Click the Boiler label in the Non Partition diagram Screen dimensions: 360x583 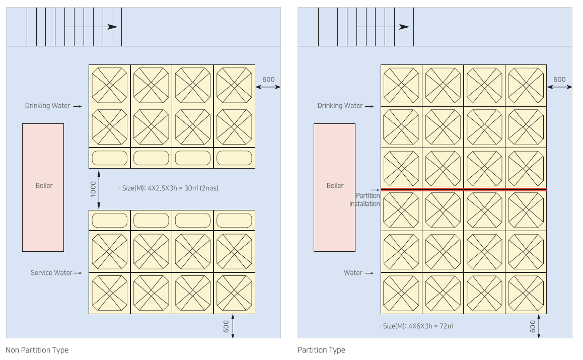coord(44,186)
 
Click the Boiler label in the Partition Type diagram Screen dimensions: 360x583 coord(335,186)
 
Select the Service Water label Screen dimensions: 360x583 coord(51,273)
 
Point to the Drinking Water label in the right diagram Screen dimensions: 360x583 coord(340,106)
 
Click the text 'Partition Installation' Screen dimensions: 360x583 coord(365,199)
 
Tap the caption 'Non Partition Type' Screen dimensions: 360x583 coord(37,350)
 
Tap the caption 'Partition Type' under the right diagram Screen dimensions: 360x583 coord(321,350)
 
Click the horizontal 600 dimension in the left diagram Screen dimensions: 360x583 coord(268,80)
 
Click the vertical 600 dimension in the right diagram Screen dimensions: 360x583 coord(533,326)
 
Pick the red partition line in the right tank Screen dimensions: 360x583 coord(463,189)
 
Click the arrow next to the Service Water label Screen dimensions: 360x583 coord(77,273)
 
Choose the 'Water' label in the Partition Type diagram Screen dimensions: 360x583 coord(353,273)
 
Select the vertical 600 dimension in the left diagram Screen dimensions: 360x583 coord(226,326)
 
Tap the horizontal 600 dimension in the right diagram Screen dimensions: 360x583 coord(559,80)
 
